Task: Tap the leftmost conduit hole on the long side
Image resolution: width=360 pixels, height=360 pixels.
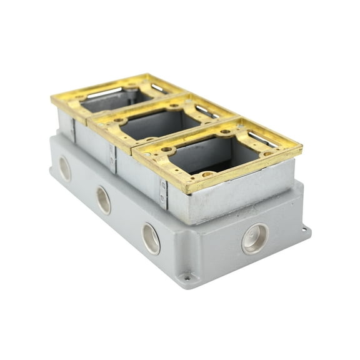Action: pos(65,168)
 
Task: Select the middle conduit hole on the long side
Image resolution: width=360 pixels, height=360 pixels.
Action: pos(103,200)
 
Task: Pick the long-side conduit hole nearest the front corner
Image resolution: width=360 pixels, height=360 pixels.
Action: pos(151,238)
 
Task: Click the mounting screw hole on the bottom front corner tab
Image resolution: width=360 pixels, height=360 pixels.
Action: pos(186,277)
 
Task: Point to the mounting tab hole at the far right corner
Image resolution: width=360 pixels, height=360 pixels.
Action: pos(305,229)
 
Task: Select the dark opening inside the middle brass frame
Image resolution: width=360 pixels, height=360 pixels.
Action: pos(160,125)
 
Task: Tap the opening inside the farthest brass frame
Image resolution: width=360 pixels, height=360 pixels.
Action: pos(112,100)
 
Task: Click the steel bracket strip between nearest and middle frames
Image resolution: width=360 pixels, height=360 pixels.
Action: pos(163,193)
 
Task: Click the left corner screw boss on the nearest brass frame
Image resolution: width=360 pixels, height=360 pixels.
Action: pos(167,150)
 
